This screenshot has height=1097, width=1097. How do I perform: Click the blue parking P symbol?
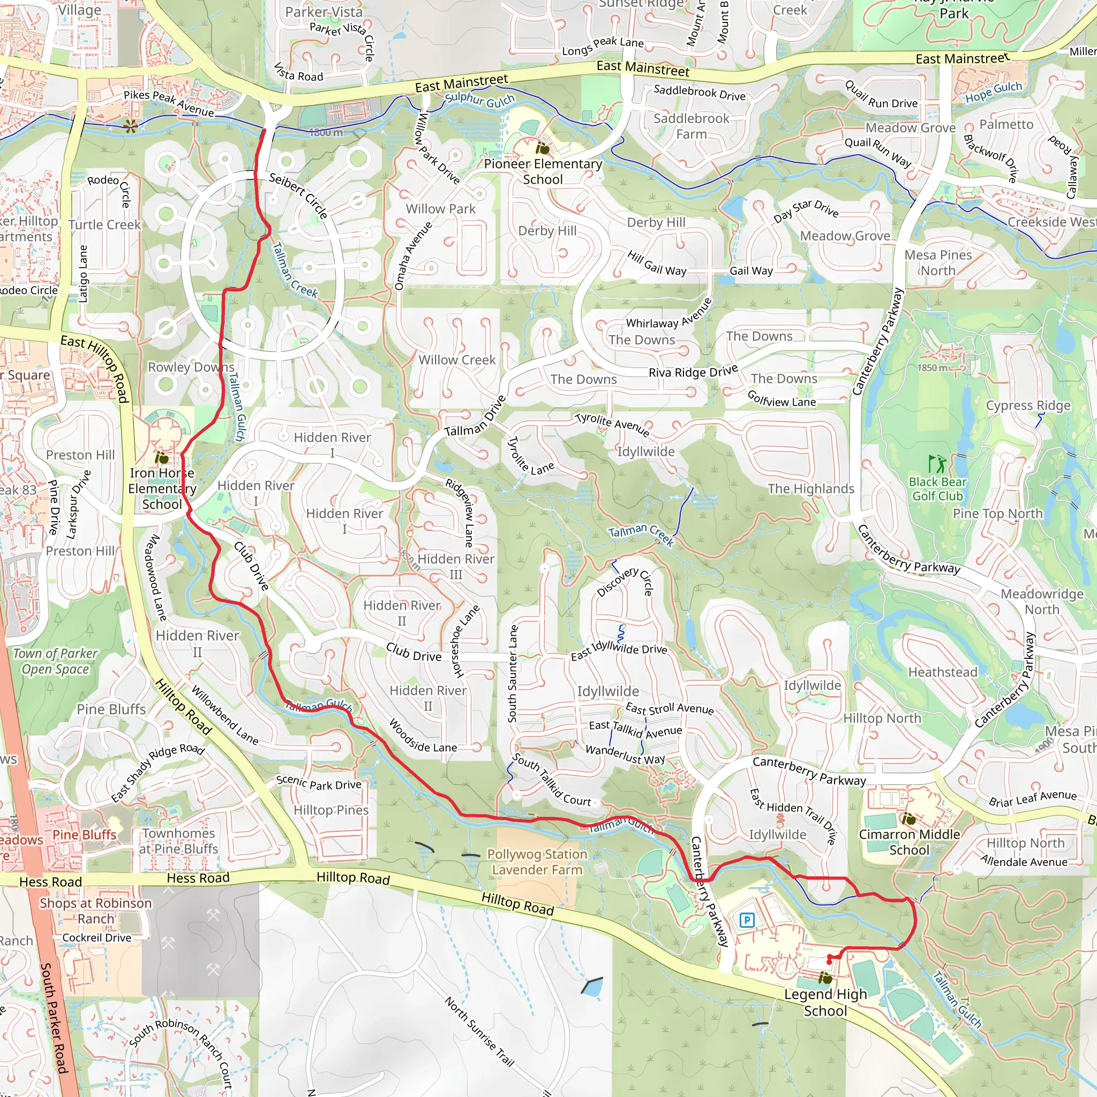(747, 919)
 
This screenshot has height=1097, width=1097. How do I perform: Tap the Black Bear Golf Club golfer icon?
(937, 464)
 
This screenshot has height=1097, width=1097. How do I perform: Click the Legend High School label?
(825, 1002)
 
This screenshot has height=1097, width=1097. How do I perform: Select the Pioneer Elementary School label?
(543, 171)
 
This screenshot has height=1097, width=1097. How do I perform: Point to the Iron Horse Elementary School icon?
(162, 457)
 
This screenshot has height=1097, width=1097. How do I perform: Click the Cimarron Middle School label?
(909, 842)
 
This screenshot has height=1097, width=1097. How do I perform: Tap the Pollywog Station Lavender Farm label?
(537, 862)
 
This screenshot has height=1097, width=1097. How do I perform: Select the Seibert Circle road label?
(298, 196)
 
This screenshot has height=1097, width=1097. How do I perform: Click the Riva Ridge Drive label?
(693, 371)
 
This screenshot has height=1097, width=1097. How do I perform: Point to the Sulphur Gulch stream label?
(480, 100)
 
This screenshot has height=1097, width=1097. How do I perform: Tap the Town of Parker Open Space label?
(56, 661)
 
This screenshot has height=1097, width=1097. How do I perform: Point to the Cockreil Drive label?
(96, 938)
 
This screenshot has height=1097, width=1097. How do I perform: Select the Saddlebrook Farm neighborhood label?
(691, 126)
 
